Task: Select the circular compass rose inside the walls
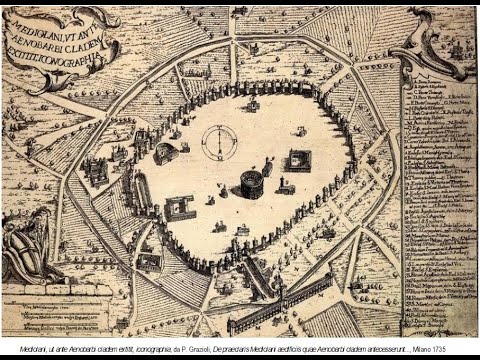217,142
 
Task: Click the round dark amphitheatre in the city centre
251,184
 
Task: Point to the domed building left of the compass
166,153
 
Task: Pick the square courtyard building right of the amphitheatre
299,160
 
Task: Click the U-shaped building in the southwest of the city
180,208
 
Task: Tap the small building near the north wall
252,104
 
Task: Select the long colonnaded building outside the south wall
279,304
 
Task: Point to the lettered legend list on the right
438,200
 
